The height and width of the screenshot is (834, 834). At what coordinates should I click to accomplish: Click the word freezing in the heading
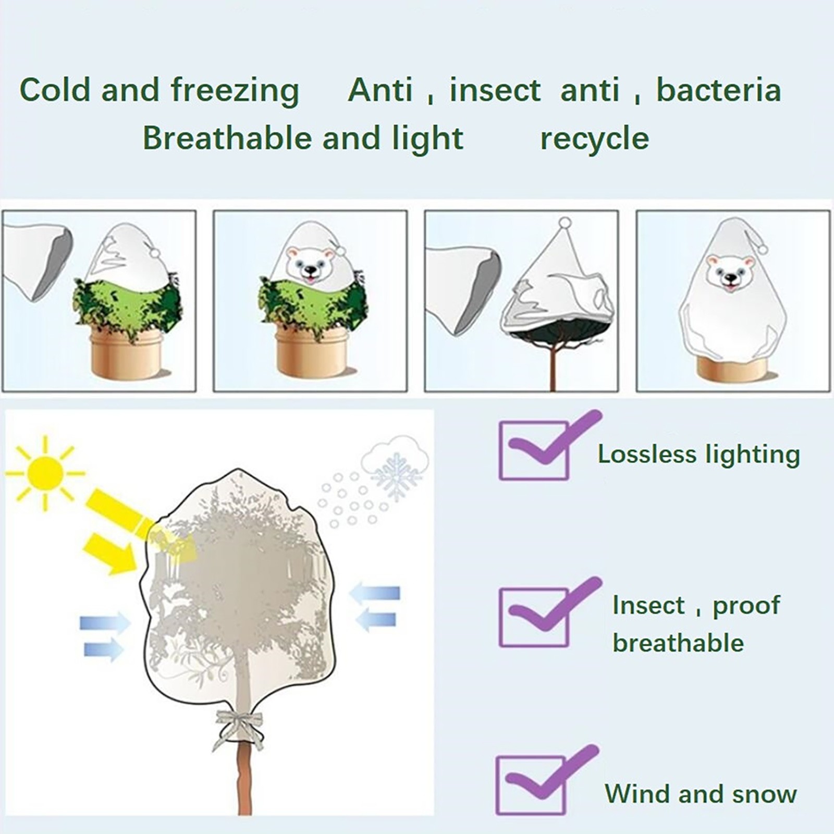click(x=235, y=90)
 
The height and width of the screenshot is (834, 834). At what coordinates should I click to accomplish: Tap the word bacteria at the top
click(x=718, y=90)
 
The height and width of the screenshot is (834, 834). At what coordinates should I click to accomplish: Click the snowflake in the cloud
click(x=397, y=475)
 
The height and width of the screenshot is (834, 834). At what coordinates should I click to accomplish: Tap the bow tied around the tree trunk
click(x=239, y=728)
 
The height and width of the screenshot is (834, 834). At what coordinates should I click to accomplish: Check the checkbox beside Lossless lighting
click(x=534, y=450)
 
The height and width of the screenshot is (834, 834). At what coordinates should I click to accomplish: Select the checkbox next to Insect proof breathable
click(x=534, y=618)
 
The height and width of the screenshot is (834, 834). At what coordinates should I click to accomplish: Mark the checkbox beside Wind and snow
click(x=531, y=785)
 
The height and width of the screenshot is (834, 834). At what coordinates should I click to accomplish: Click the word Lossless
click(x=647, y=454)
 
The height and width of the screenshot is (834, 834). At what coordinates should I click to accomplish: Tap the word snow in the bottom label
click(x=764, y=794)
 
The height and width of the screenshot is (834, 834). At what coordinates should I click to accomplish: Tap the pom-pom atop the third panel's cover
click(x=565, y=223)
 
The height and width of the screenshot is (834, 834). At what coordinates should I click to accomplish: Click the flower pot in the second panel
click(x=311, y=350)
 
